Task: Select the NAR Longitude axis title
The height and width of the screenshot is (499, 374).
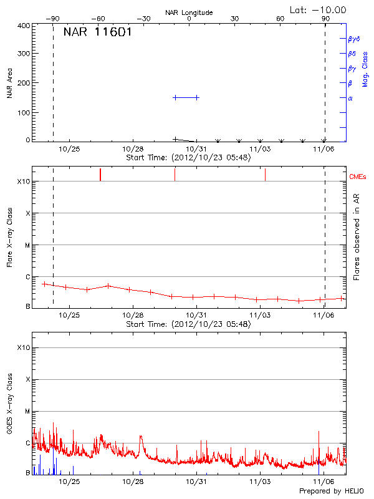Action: pyautogui.click(x=189, y=12)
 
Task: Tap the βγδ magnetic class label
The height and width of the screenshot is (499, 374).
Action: pyautogui.click(x=353, y=39)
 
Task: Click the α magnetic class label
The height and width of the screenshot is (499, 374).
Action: pyautogui.click(x=350, y=98)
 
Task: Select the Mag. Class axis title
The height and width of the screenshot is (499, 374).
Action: pyautogui.click(x=365, y=69)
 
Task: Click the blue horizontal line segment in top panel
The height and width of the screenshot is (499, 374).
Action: pyautogui.click(x=186, y=97)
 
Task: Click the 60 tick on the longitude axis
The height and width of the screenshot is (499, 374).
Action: pyautogui.click(x=280, y=19)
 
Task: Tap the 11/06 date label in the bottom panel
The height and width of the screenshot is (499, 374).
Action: pyautogui.click(x=324, y=482)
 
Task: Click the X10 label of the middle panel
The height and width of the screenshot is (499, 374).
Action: pyautogui.click(x=24, y=182)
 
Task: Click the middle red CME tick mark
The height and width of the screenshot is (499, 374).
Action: pyautogui.click(x=175, y=175)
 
